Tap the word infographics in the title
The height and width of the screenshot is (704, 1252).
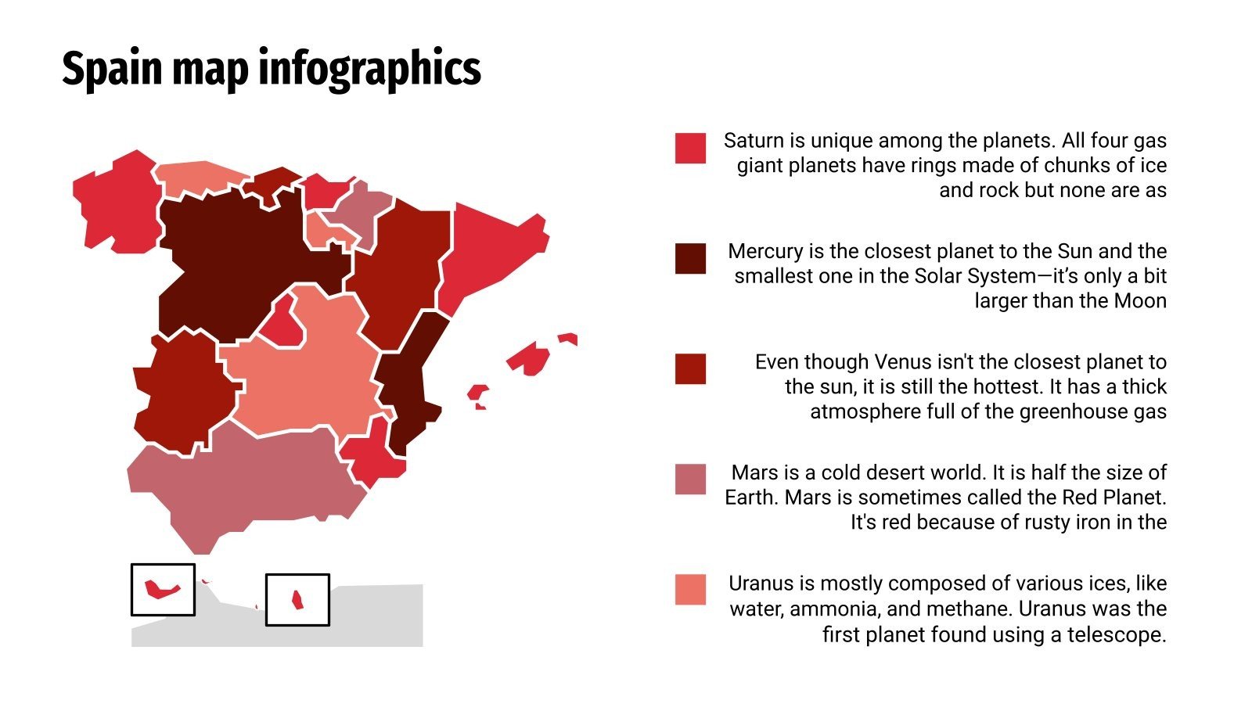click(x=369, y=69)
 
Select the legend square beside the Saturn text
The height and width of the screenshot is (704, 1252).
click(x=690, y=148)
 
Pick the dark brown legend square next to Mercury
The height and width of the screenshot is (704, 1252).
click(x=690, y=258)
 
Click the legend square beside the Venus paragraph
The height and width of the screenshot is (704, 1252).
click(x=690, y=368)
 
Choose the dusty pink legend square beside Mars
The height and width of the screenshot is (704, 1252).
click(x=690, y=480)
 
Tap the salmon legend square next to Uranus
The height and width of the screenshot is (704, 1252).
click(x=690, y=590)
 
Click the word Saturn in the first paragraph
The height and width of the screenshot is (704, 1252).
click(x=754, y=141)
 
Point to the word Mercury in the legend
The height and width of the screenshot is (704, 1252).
click(x=765, y=251)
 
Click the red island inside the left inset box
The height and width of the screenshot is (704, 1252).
click(x=161, y=589)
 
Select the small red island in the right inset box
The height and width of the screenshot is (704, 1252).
click(x=297, y=600)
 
